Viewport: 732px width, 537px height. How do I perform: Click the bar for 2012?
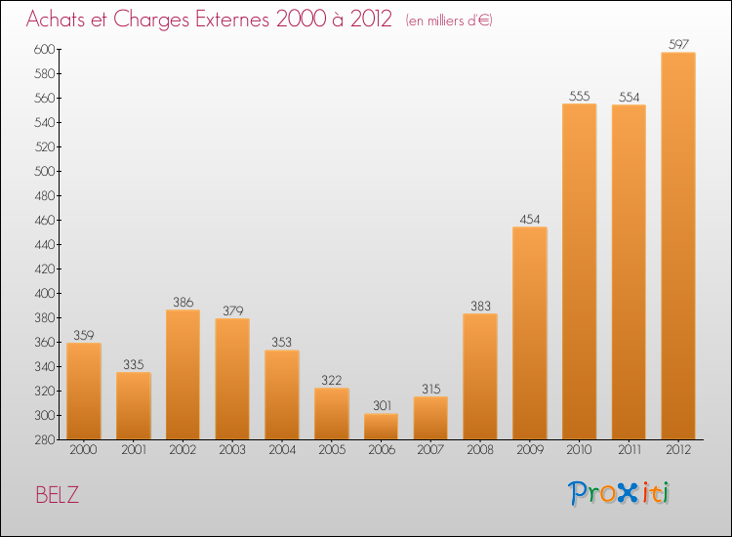click(678, 246)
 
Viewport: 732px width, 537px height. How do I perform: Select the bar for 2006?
click(381, 427)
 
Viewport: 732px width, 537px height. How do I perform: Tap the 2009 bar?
click(529, 334)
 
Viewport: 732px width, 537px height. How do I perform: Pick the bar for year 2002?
click(183, 375)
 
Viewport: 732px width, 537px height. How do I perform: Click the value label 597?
click(678, 44)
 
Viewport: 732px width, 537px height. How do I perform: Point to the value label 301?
click(381, 405)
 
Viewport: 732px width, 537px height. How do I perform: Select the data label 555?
click(579, 96)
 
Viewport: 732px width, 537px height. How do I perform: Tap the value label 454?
click(529, 219)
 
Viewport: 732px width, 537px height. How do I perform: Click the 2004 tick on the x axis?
click(281, 450)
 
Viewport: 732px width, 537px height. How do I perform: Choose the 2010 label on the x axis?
click(579, 450)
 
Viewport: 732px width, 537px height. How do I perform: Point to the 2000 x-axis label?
click(83, 450)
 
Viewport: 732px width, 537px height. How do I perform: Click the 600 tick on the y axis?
click(42, 49)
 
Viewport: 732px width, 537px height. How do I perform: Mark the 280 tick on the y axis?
click(42, 439)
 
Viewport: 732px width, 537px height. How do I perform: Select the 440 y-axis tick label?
click(42, 244)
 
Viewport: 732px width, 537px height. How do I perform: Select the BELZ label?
click(58, 495)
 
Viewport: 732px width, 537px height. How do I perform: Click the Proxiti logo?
click(620, 493)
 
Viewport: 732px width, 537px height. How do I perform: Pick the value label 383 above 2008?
click(479, 306)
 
